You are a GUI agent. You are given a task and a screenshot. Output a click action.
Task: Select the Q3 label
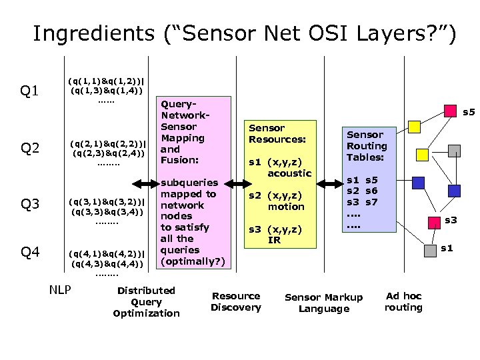(31, 203)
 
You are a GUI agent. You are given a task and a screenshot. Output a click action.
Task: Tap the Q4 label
(31, 252)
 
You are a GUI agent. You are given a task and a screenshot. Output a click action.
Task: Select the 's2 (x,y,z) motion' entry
(276, 201)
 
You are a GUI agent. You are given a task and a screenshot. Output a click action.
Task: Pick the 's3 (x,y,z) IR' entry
(275, 234)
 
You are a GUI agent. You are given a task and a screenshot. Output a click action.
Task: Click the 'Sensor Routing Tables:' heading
(366, 146)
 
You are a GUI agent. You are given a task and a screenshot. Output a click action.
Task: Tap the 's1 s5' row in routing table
(362, 179)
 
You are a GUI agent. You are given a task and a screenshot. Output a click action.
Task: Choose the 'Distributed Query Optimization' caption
(146, 301)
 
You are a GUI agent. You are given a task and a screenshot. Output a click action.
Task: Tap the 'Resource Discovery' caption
(236, 301)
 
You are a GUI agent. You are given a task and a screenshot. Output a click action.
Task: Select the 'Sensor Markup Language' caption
(323, 303)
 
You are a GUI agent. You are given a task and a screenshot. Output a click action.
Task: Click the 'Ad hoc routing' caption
(403, 301)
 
